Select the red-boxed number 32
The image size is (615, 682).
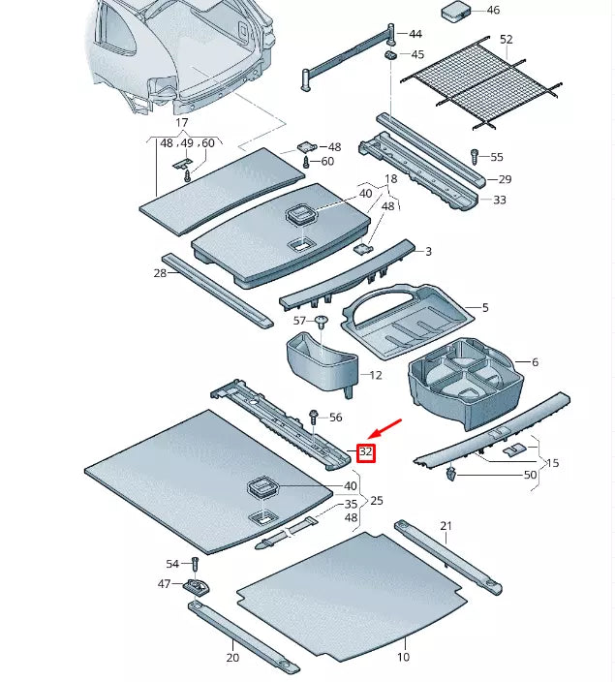pyautogui.click(x=366, y=452)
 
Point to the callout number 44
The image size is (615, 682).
pyautogui.click(x=415, y=34)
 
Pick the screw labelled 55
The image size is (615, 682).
pyautogui.click(x=474, y=156)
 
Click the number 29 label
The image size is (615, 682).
pyautogui.click(x=504, y=180)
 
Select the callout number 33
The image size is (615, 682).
pyautogui.click(x=500, y=201)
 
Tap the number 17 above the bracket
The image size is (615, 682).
pyautogui.click(x=181, y=123)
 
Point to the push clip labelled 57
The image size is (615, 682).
pyautogui.click(x=321, y=322)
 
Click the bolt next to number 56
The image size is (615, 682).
pyautogui.click(x=314, y=418)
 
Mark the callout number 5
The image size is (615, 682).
pyautogui.click(x=484, y=308)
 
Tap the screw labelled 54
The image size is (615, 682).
pyautogui.click(x=195, y=564)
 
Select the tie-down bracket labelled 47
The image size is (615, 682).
pyautogui.click(x=198, y=587)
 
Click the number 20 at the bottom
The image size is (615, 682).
pyautogui.click(x=232, y=657)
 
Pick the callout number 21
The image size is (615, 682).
pyautogui.click(x=446, y=526)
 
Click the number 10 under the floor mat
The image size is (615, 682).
pyautogui.click(x=403, y=657)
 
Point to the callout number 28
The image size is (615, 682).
pyautogui.click(x=160, y=274)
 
